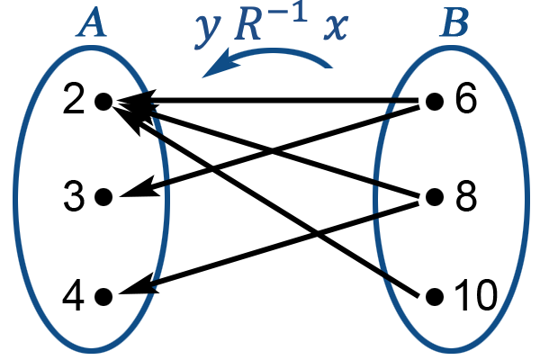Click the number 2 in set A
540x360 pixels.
point(74,100)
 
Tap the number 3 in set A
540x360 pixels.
point(74,197)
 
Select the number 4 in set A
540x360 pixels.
point(74,296)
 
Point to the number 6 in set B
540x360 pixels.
point(466,99)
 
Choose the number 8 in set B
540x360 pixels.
point(466,197)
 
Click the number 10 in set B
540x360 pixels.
point(476,296)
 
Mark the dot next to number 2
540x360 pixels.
point(103,102)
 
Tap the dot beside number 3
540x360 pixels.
point(103,197)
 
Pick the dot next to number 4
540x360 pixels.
point(103,297)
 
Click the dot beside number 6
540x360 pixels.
point(435,102)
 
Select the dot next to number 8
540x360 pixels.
point(435,197)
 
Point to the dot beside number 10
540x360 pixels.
point(435,297)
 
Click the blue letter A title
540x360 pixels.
point(92,22)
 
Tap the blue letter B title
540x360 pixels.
point(454,22)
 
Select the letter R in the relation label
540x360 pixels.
point(247,27)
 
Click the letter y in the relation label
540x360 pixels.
point(207,31)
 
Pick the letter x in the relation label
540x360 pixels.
point(336,28)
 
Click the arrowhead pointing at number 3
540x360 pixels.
point(139,188)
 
